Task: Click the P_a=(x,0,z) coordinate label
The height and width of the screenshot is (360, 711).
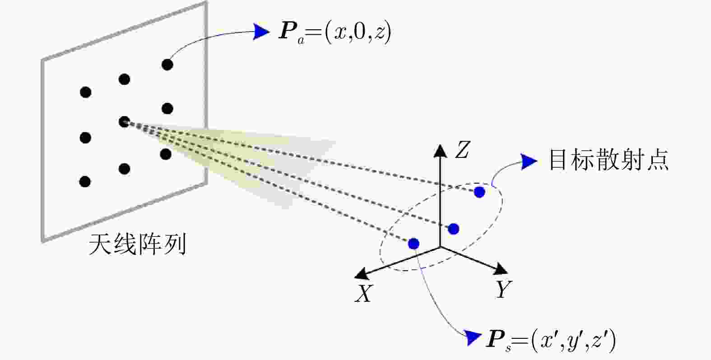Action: point(335,32)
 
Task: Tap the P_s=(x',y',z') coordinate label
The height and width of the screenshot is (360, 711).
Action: point(551,341)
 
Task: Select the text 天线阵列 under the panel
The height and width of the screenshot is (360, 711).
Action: point(137,244)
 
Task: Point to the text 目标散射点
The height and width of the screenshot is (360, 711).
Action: point(609,160)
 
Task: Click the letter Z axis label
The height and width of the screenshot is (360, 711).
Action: point(462,150)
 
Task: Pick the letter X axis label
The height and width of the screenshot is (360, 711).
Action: point(364,293)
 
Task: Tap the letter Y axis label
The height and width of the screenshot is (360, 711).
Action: point(503,289)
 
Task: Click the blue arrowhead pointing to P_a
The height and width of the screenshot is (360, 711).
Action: point(261,32)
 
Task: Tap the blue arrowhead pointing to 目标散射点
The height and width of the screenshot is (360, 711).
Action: point(529,161)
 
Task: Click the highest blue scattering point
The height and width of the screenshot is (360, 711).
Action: point(479,192)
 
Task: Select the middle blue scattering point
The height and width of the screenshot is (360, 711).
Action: point(454,229)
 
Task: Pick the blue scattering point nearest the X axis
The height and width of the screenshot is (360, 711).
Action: point(414,244)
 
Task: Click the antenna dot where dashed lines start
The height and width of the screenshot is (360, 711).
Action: point(124,122)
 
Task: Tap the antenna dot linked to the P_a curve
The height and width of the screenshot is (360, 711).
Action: point(167,65)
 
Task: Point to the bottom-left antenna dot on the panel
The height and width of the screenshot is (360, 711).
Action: point(85,182)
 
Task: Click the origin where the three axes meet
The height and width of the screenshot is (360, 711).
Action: point(440,247)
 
